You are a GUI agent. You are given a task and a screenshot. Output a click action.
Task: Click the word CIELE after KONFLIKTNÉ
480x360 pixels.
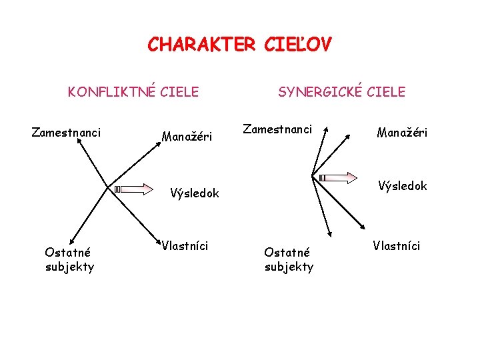(x=179, y=91)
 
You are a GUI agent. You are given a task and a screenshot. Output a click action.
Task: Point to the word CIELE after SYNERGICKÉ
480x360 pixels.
(x=386, y=91)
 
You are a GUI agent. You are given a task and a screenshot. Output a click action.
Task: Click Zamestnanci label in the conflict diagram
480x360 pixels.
(x=67, y=133)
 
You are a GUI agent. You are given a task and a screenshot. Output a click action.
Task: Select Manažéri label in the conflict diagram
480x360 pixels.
(x=187, y=137)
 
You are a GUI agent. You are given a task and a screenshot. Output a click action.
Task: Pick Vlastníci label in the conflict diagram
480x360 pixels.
(x=185, y=246)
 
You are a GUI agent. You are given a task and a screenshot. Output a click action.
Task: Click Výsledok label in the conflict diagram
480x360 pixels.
(x=194, y=193)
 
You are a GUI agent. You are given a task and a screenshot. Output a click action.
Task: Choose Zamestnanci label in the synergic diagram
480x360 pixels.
(x=277, y=128)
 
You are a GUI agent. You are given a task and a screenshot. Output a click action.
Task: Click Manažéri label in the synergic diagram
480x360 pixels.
(x=402, y=133)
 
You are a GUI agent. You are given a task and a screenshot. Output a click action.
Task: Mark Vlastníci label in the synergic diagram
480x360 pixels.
(x=397, y=245)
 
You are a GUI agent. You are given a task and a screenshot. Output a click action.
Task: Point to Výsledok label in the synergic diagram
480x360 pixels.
(x=403, y=185)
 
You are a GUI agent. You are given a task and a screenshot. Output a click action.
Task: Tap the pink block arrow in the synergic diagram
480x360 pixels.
(x=341, y=177)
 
